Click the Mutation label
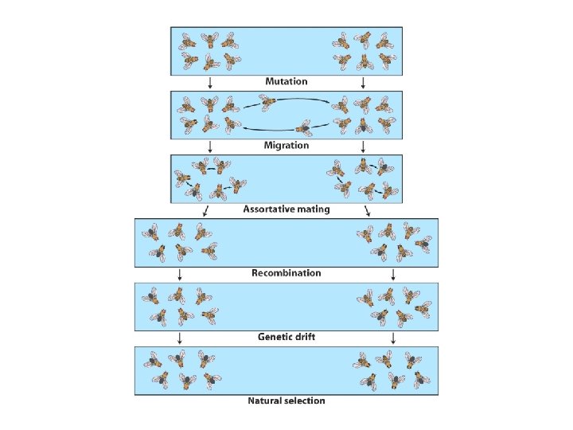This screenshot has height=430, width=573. pos(286,81)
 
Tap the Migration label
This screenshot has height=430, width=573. pos(286,146)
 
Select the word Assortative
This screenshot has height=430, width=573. pos(270,209)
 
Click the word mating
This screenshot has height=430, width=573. pos(314,209)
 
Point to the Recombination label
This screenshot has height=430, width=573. pos(286,273)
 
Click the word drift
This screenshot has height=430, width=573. pos(306,337)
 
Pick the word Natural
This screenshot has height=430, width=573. pos(268,401)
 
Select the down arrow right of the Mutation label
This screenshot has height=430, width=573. pos(364,82)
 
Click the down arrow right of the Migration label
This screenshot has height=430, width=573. pos(364,147)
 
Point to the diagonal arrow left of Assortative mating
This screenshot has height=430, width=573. pos(205,210)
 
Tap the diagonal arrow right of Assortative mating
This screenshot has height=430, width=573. pos(368,210)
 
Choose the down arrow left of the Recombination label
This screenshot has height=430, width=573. pos(181,274)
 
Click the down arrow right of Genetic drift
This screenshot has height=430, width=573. pos(393,338)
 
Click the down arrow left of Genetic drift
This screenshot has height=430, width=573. pos(181,338)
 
